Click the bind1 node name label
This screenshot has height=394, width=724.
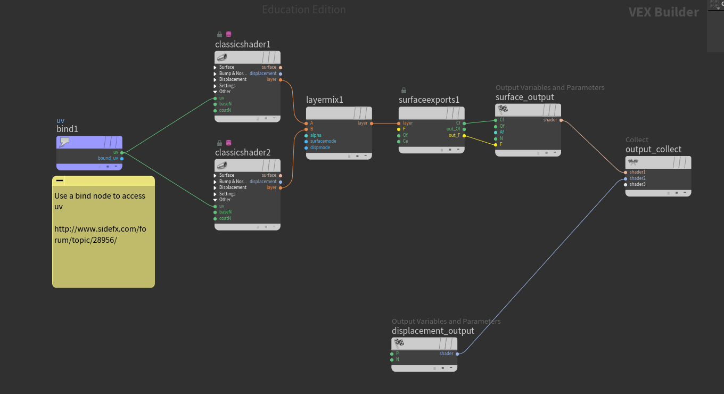point(67,129)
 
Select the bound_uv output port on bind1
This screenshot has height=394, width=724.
point(122,158)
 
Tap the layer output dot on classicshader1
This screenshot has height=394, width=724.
point(281,80)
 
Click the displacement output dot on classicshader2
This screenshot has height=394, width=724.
point(281,182)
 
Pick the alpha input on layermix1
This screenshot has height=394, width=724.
point(306,135)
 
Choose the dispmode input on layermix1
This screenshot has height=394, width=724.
point(306,147)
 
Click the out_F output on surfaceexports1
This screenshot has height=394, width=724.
point(464,135)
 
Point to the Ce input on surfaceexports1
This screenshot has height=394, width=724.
point(399,142)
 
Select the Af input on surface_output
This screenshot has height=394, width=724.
point(496,132)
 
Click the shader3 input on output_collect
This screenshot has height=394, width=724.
point(626,185)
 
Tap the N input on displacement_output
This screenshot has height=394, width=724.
point(392,360)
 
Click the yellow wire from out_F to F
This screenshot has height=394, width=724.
point(480,140)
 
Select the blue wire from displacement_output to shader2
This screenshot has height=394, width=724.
point(542,266)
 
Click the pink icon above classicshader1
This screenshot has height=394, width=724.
point(228,34)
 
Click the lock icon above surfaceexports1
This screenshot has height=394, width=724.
point(404,90)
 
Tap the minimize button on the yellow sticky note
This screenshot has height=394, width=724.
point(60,180)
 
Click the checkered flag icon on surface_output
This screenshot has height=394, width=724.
point(503,110)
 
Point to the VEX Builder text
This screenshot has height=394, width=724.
point(663,12)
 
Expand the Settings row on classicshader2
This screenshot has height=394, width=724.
point(215,194)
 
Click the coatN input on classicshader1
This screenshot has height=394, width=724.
point(215,111)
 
